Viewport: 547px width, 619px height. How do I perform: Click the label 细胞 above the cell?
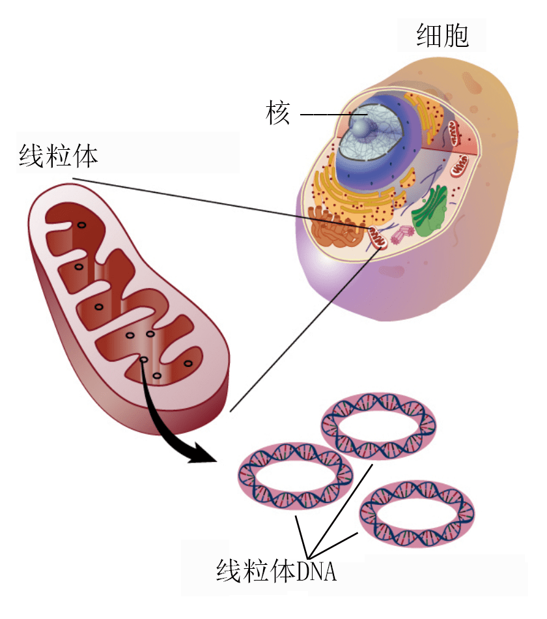[443, 36]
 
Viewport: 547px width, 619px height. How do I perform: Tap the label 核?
[277, 113]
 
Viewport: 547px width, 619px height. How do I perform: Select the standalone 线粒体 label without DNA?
[59, 156]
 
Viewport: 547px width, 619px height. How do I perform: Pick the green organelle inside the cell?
[430, 211]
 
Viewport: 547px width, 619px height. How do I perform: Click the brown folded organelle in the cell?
[335, 228]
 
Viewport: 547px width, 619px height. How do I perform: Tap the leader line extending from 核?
[326, 116]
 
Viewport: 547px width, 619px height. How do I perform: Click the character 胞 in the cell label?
[456, 36]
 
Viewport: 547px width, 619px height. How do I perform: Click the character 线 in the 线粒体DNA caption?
[228, 571]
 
